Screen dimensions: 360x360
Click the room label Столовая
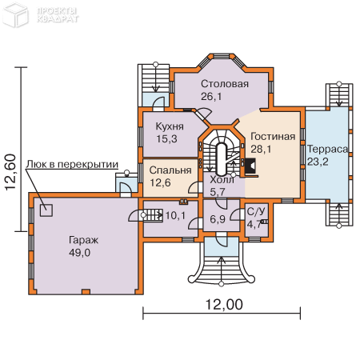pos(224,84)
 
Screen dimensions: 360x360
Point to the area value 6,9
pos(217,218)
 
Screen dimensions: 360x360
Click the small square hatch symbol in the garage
pos(46,210)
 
